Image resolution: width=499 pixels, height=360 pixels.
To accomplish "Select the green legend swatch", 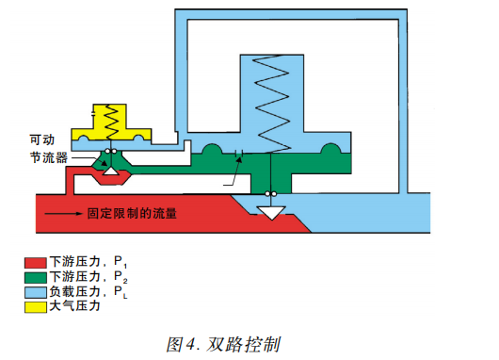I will pyautogui.click(x=36, y=277).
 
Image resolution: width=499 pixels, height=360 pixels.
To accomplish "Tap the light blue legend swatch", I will pyautogui.click(x=36, y=292).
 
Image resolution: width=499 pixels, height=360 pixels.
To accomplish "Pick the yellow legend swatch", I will pyautogui.click(x=36, y=307).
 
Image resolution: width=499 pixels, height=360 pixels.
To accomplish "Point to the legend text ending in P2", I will pyautogui.click(x=94, y=277).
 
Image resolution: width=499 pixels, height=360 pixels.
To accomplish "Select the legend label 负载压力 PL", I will pyautogui.click(x=94, y=292).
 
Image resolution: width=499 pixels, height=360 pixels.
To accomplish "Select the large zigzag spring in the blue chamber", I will pyautogui.click(x=271, y=104).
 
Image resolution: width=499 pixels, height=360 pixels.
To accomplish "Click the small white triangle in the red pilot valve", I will pyautogui.click(x=112, y=172).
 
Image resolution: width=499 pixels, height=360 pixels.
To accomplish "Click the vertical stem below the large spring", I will pyautogui.click(x=271, y=174).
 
